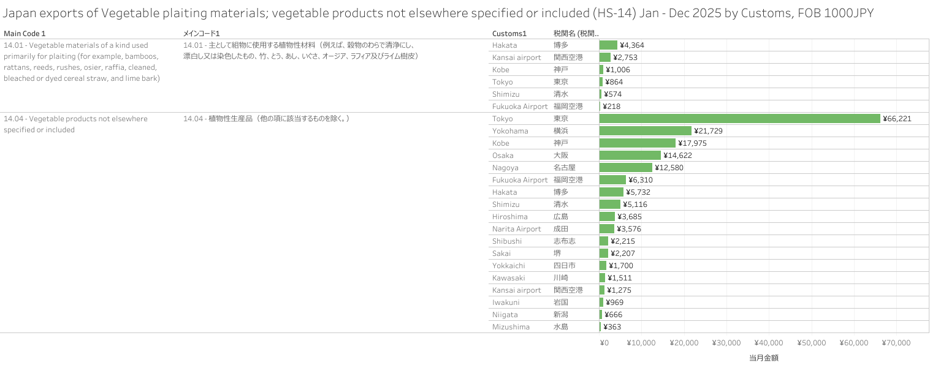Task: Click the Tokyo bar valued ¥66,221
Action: [x=739, y=118]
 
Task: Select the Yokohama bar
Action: [x=645, y=130]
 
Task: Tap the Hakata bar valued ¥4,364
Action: [x=608, y=45]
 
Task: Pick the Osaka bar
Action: [x=630, y=155]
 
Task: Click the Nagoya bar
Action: [x=626, y=167]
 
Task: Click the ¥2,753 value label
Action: [x=628, y=57]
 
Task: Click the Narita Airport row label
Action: [x=516, y=228]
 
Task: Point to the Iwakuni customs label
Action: [x=506, y=302]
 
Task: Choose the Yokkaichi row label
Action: [x=508, y=265]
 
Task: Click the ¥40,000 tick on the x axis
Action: [x=768, y=343]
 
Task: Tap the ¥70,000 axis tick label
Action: [x=896, y=343]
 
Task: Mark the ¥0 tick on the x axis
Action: [x=604, y=343]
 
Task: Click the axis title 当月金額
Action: [x=763, y=358]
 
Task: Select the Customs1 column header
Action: [x=509, y=33]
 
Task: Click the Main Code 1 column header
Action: [x=25, y=33]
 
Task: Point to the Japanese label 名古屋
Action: [x=565, y=167]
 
